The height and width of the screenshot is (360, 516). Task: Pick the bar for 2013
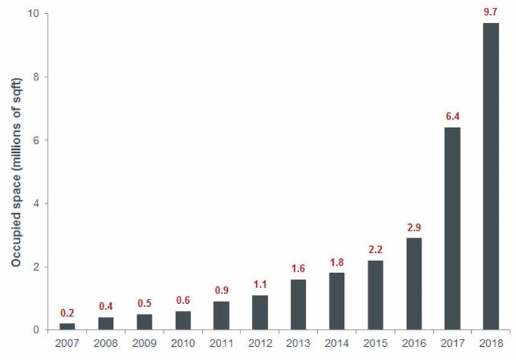[x=298, y=304]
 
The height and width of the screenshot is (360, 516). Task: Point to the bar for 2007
[x=67, y=326]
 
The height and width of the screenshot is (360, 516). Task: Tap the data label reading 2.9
[x=413, y=227]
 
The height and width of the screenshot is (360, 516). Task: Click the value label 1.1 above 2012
[x=260, y=284]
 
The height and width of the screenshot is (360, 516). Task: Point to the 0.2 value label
[x=67, y=313]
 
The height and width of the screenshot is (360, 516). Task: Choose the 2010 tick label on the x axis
[x=182, y=343]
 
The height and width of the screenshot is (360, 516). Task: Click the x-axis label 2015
[x=375, y=343]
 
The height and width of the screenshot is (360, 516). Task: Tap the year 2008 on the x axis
[x=106, y=343]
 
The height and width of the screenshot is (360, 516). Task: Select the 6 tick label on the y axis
[x=37, y=140]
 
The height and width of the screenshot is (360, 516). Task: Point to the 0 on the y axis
[x=37, y=330]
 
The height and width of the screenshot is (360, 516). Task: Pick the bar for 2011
[x=221, y=315]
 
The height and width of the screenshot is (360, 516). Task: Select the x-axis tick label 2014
[x=337, y=343]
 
